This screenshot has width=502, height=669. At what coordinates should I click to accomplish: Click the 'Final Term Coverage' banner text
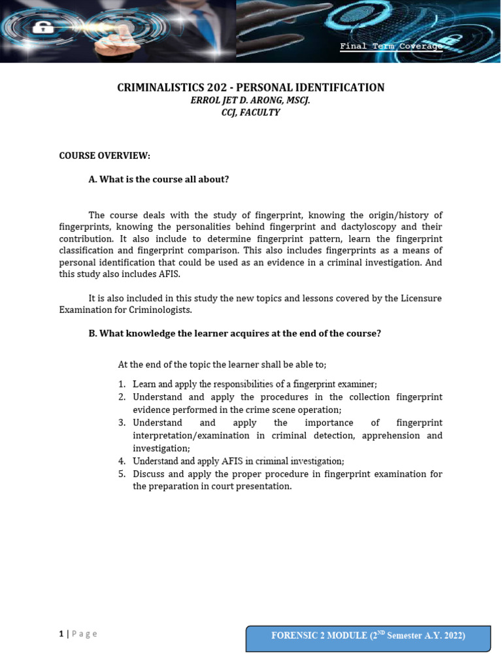pos(391,46)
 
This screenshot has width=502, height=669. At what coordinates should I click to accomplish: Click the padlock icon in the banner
pos(41,28)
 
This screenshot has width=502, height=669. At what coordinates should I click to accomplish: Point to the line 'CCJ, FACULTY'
pos(250,112)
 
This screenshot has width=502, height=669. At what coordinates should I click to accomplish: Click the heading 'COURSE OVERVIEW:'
pos(105,155)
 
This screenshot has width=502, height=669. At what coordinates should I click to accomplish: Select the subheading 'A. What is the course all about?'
pos(159,179)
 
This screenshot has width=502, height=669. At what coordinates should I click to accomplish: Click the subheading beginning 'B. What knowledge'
pos(235,333)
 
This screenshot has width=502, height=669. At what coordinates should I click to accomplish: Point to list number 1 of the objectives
pos(122,384)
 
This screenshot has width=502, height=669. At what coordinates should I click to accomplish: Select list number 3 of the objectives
pos(122,423)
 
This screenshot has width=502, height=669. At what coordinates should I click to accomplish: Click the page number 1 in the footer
pos(61,633)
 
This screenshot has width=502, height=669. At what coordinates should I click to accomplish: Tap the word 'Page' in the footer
pos(84,633)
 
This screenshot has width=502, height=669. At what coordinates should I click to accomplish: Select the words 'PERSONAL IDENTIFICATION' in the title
pos(310,88)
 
